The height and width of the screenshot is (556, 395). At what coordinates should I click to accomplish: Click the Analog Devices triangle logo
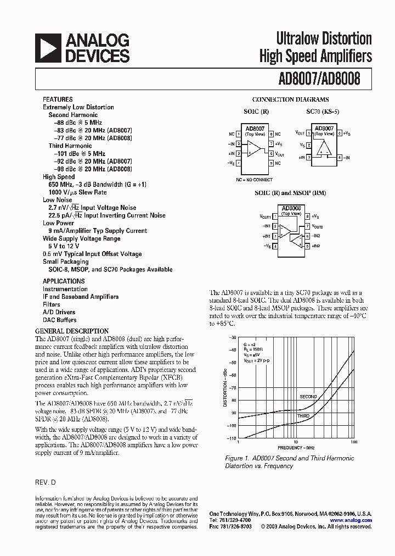pos(48,48)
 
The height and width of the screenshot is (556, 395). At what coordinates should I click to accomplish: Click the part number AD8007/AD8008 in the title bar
pos(319,79)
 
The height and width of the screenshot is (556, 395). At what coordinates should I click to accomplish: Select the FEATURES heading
pos(58,99)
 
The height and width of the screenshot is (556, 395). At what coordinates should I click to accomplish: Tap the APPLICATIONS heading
pos(64,281)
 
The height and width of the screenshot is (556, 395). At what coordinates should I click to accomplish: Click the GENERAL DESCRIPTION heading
pos(72,331)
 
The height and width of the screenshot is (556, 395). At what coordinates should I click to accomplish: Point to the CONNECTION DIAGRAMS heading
pos(290,100)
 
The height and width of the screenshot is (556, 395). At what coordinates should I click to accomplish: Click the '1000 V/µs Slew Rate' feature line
pos(77,192)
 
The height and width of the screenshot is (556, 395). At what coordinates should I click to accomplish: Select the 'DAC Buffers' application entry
pos(60,320)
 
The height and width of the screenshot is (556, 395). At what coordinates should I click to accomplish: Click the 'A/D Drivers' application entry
pos(59,312)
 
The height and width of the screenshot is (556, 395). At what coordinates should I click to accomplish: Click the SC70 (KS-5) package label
pos(323,112)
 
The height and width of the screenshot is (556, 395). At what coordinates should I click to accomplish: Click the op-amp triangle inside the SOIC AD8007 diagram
pos(253,148)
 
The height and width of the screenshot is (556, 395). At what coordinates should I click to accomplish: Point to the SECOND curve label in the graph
pos(308,396)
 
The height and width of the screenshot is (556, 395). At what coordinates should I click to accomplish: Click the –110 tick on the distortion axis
pos(233,438)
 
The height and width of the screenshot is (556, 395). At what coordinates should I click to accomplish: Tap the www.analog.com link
pos(351,520)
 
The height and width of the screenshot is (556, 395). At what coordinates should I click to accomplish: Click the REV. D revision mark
pos(46,482)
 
